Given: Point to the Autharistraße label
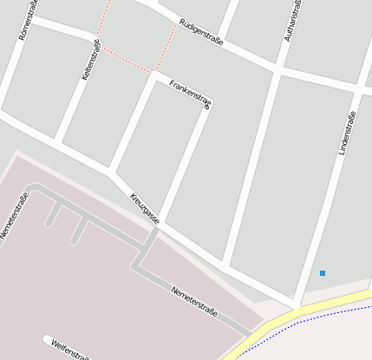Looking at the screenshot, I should tap(293, 21).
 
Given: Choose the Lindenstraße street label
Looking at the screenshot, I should tap(347, 133).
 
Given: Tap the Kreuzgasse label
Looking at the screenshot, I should tap(145, 208).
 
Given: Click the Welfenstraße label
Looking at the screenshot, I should tap(70, 350).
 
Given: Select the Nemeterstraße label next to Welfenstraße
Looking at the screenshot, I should tap(194, 301).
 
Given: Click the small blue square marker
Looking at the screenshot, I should tap(323, 273).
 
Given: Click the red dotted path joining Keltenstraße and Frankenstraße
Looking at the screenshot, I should tap(127, 61).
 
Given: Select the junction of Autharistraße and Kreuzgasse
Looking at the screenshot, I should tap(225, 262).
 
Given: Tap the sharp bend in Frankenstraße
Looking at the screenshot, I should tap(209, 106).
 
